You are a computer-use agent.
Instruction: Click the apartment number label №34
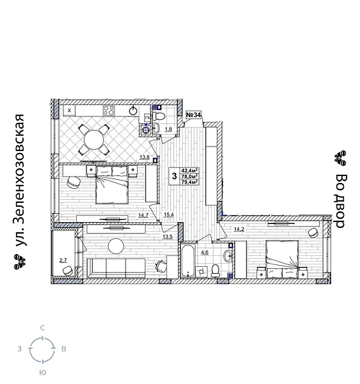pyautogui.click(x=193, y=115)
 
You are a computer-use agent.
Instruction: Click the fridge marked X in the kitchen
pyautogui.click(x=69, y=111)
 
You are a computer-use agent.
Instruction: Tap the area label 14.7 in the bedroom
pyautogui.click(x=143, y=215)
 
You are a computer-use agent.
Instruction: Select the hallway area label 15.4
pyautogui.click(x=168, y=215)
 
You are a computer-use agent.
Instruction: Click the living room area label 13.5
pyautogui.click(x=167, y=237)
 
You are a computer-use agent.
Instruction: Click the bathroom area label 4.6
pyautogui.click(x=204, y=253)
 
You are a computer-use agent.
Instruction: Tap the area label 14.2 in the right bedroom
pyautogui.click(x=238, y=229)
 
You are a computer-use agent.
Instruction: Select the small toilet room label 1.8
pyautogui.click(x=168, y=130)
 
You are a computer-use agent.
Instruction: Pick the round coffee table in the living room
pyautogui.click(x=116, y=246)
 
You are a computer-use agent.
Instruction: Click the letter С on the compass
pyautogui.click(x=42, y=328)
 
